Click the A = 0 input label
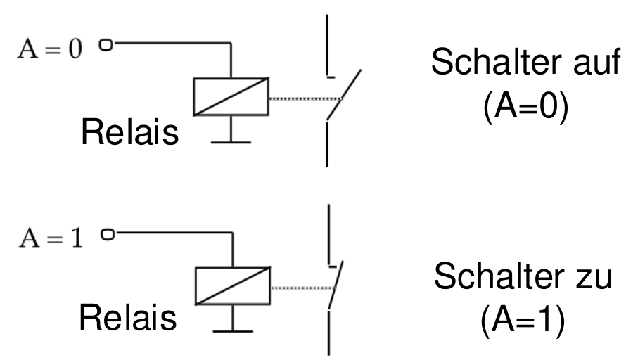(50, 49)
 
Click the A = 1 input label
(51, 238)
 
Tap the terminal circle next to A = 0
(106, 45)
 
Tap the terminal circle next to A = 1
(108, 234)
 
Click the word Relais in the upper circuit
(129, 132)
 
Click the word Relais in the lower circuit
(128, 318)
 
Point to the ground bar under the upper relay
(231, 142)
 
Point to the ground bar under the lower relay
(233, 331)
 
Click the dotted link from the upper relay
(305, 98)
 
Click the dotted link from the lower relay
(303, 288)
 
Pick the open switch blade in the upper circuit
(344, 95)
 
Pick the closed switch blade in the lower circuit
(336, 285)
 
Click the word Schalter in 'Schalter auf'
(499, 61)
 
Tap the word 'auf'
(597, 61)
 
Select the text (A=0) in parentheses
(525, 106)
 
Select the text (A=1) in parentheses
(523, 321)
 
